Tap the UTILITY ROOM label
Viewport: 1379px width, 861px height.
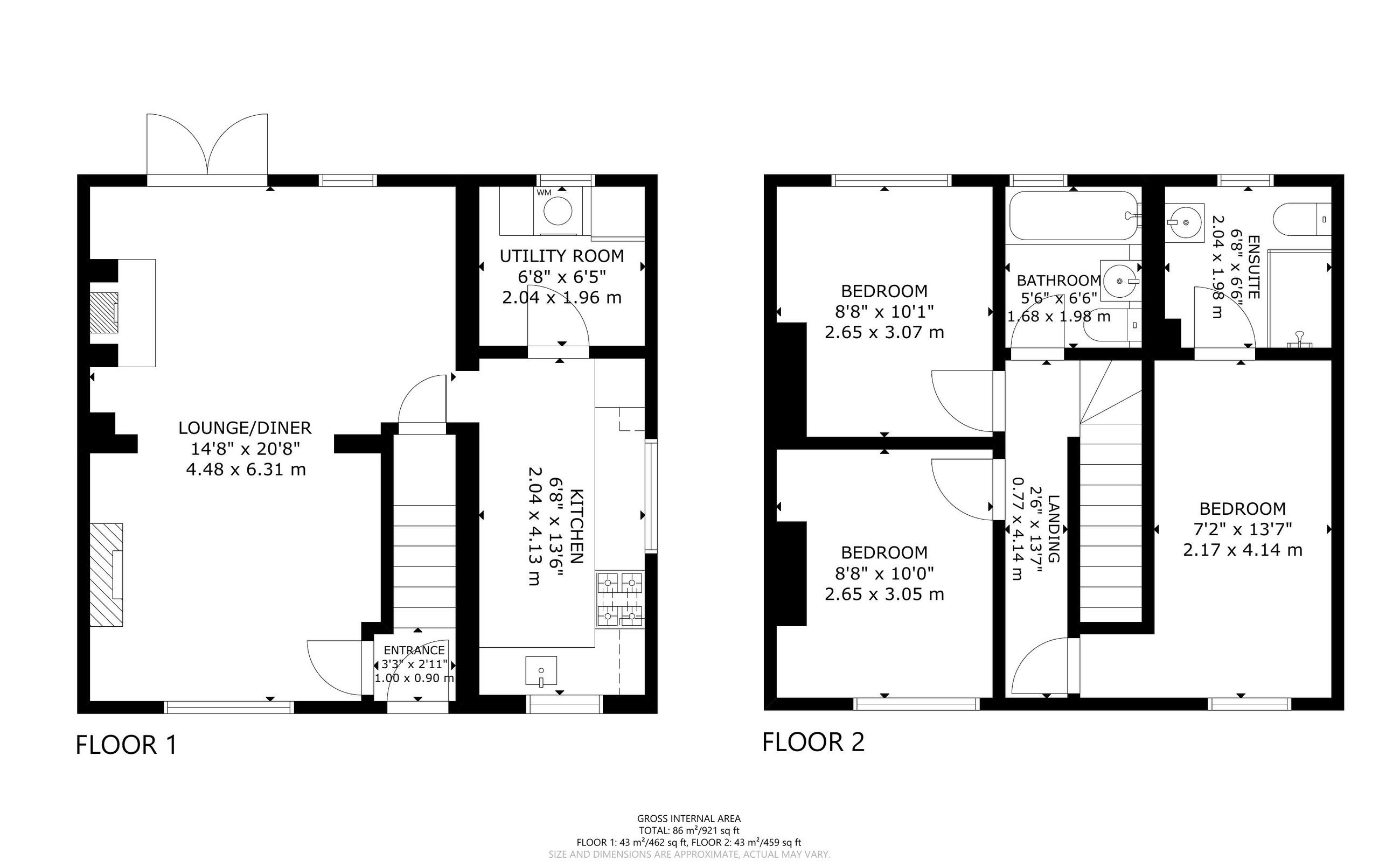click(562, 256)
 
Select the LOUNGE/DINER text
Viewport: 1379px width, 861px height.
click(245, 428)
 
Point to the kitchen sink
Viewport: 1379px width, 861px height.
click(540, 671)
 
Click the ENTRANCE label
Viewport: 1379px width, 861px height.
click(414, 650)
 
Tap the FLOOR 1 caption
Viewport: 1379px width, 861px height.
click(127, 745)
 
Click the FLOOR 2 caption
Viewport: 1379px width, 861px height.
click(813, 742)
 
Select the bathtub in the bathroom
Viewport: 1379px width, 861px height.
click(1073, 216)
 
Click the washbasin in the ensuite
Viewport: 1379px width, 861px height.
click(1184, 222)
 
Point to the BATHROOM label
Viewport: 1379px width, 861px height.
click(1059, 281)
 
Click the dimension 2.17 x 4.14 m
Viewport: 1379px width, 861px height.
click(1242, 550)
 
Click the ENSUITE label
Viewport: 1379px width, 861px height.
click(1253, 267)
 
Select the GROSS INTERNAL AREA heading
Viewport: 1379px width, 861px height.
click(688, 819)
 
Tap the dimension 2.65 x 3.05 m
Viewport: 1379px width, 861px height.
click(884, 594)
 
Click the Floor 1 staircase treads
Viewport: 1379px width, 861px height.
click(424, 558)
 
